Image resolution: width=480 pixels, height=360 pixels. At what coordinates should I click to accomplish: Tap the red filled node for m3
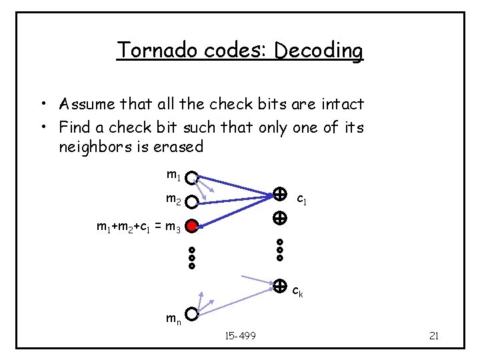(192, 227)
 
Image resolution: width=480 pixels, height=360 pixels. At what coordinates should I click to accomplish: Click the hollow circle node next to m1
(191, 179)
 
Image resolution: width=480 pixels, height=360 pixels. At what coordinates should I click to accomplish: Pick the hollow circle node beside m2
(192, 201)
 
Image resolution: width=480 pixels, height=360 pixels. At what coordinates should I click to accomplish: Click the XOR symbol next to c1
(280, 195)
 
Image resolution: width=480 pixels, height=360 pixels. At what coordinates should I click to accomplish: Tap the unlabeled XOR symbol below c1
(280, 217)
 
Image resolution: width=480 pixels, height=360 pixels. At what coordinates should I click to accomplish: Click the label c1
(301, 199)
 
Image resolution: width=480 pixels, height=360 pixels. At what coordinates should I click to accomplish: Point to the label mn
(173, 319)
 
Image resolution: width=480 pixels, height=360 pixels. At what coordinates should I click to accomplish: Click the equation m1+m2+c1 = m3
(139, 228)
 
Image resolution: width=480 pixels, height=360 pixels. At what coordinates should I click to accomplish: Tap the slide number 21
(433, 335)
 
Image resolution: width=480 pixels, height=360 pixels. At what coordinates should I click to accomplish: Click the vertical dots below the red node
(192, 257)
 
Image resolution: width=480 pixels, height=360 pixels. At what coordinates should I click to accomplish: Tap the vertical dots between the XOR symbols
(280, 249)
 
